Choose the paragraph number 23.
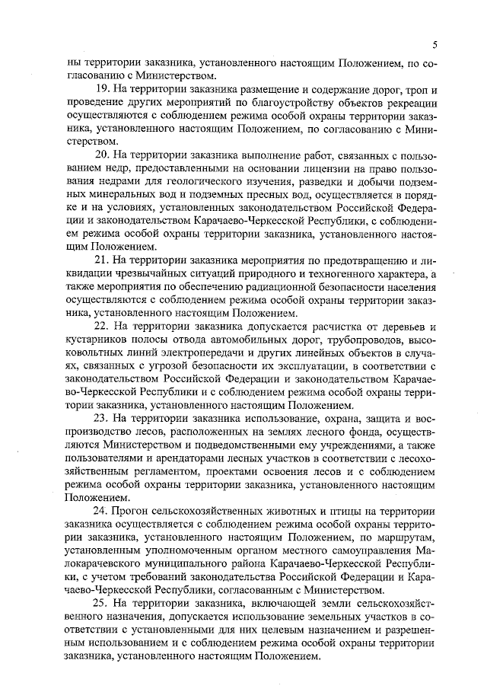point(100,419)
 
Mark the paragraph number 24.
point(100,511)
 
